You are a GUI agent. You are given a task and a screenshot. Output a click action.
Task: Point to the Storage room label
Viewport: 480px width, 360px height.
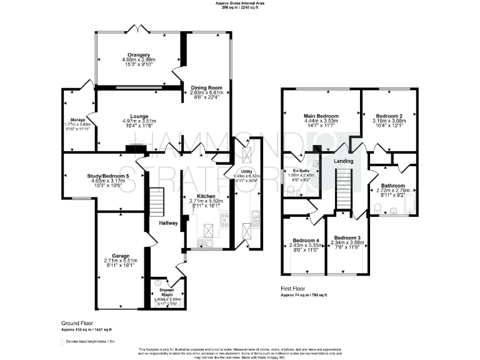click(77, 119)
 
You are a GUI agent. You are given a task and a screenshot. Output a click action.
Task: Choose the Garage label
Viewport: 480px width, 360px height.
click(121, 256)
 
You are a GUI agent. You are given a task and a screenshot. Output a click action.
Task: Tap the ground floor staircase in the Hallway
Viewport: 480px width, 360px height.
click(157, 203)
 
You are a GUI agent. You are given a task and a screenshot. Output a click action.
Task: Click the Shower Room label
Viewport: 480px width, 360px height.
click(167, 291)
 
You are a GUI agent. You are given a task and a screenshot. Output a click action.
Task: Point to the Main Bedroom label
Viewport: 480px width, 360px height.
click(321, 116)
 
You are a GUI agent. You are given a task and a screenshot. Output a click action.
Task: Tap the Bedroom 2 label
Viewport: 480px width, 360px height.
click(387, 116)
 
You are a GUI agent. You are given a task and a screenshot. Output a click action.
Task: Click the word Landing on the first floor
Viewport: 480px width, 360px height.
click(343, 161)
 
